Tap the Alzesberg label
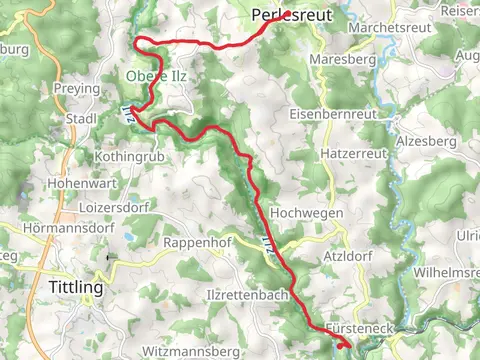(425, 142)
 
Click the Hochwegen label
(308, 213)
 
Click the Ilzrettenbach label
(246, 296)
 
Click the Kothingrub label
(124, 157)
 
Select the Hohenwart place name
(78, 184)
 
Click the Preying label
(79, 89)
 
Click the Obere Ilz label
(154, 76)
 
